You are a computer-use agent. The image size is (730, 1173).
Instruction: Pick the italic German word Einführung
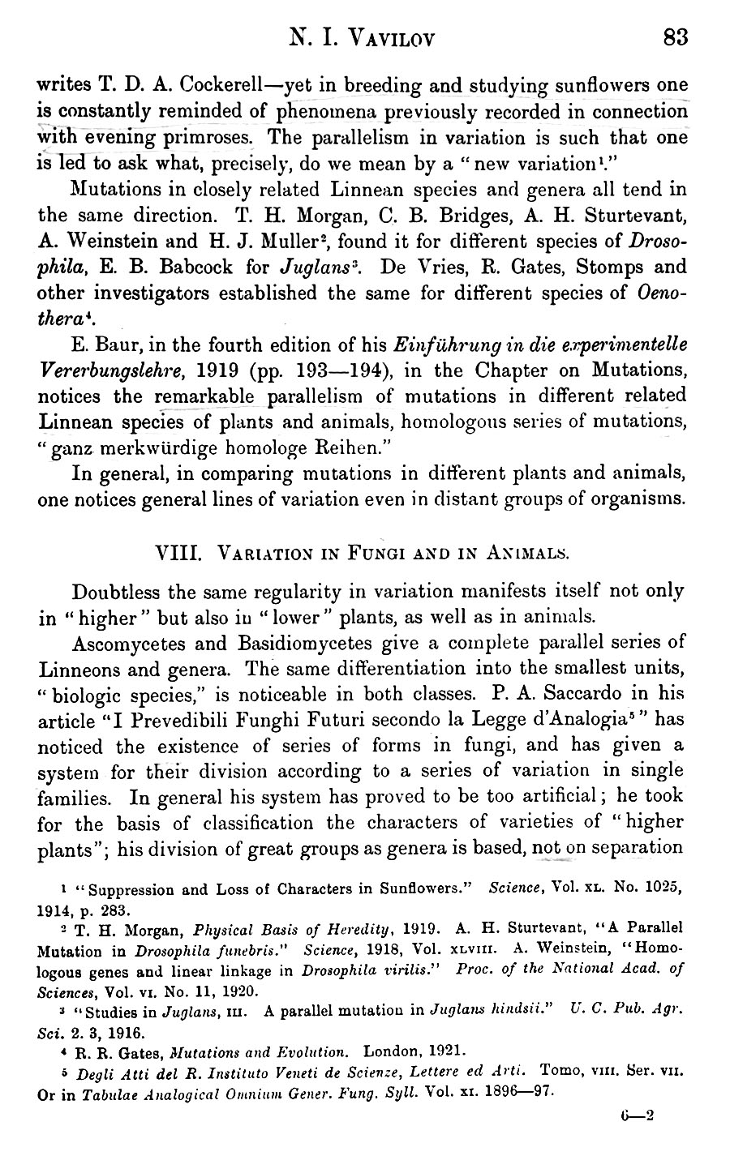[x=439, y=345]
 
